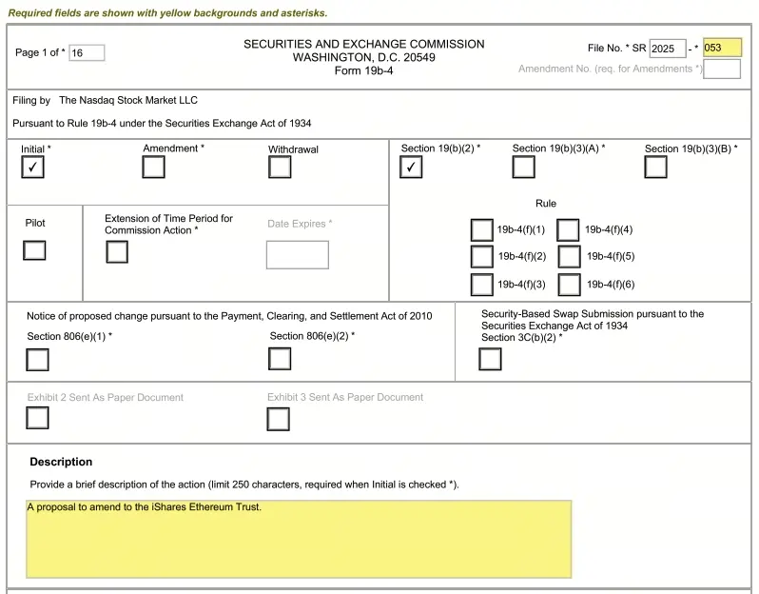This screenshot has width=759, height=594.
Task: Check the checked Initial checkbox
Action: [x=33, y=168]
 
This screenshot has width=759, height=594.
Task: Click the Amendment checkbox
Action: [x=153, y=168]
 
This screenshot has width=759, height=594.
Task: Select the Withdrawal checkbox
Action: [x=280, y=168]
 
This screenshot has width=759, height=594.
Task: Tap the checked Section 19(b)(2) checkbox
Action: [x=411, y=168]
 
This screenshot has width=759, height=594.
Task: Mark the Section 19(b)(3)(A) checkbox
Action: [x=523, y=168]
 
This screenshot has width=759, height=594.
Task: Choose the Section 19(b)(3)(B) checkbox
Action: [x=655, y=168]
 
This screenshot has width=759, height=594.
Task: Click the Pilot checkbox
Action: [x=34, y=250]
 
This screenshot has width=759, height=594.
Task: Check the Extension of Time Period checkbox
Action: [x=117, y=252]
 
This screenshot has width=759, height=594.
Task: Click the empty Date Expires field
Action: [x=297, y=255]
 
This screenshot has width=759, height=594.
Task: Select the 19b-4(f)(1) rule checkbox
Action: [x=482, y=230]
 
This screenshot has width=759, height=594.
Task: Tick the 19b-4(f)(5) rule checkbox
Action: [x=570, y=257]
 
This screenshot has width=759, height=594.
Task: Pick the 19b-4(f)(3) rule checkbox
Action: [x=482, y=285]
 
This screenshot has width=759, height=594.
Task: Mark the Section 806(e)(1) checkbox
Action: [x=37, y=360]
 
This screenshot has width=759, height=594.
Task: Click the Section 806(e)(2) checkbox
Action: [x=280, y=359]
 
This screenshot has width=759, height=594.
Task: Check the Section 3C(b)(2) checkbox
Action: [x=490, y=359]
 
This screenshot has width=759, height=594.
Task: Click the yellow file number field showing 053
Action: [x=722, y=48]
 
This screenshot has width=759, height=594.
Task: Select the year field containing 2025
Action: [x=667, y=49]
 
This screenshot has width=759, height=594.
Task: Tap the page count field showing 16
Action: [x=87, y=53]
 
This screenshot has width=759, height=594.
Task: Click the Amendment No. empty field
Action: [x=722, y=69]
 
